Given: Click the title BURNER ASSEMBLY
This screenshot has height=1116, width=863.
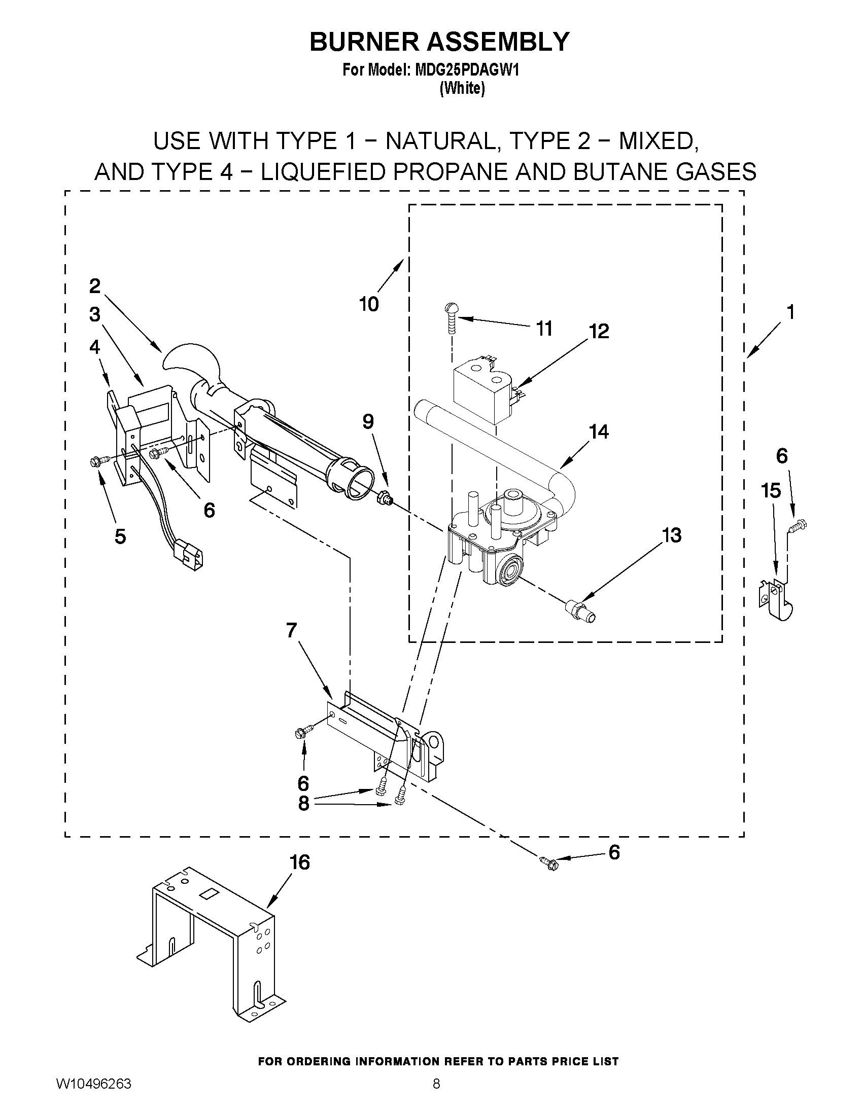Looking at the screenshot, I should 439,42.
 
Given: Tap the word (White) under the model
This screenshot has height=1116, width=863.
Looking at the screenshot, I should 462,88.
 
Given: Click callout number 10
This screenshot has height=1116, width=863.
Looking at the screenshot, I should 369,304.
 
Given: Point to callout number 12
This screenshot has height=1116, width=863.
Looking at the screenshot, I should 599,331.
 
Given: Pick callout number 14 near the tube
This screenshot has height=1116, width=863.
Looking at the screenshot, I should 599,432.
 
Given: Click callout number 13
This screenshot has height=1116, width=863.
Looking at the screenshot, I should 671,535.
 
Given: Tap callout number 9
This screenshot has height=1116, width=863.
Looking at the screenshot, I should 368,421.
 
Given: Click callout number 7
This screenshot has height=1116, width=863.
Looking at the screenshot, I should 291,631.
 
